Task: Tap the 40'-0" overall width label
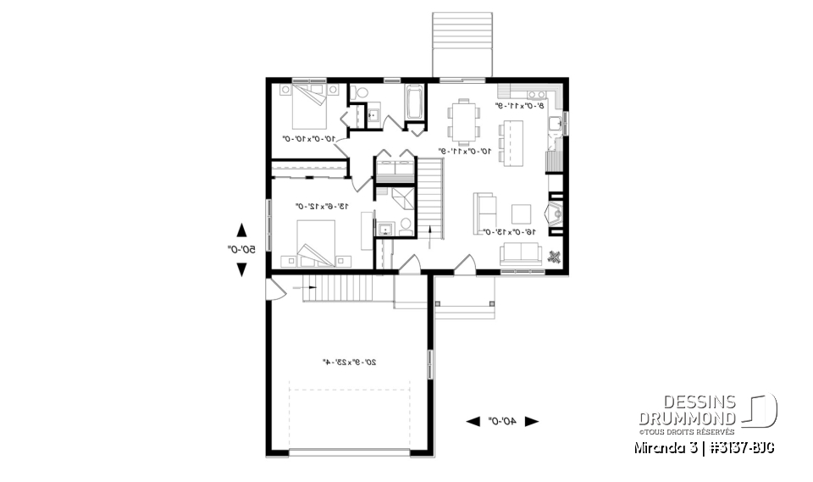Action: (x=503, y=420)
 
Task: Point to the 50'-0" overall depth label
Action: (x=241, y=249)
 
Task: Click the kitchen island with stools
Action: (x=512, y=141)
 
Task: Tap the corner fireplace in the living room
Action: (x=556, y=213)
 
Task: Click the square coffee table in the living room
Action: (x=522, y=212)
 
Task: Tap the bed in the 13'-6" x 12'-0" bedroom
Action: (x=317, y=241)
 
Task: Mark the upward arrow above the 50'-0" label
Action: (x=241, y=230)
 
